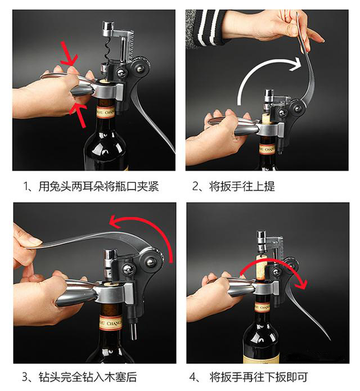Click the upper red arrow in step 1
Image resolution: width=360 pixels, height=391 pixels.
(x=69, y=56)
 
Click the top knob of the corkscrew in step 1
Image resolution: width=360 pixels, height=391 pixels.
(x=107, y=26)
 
